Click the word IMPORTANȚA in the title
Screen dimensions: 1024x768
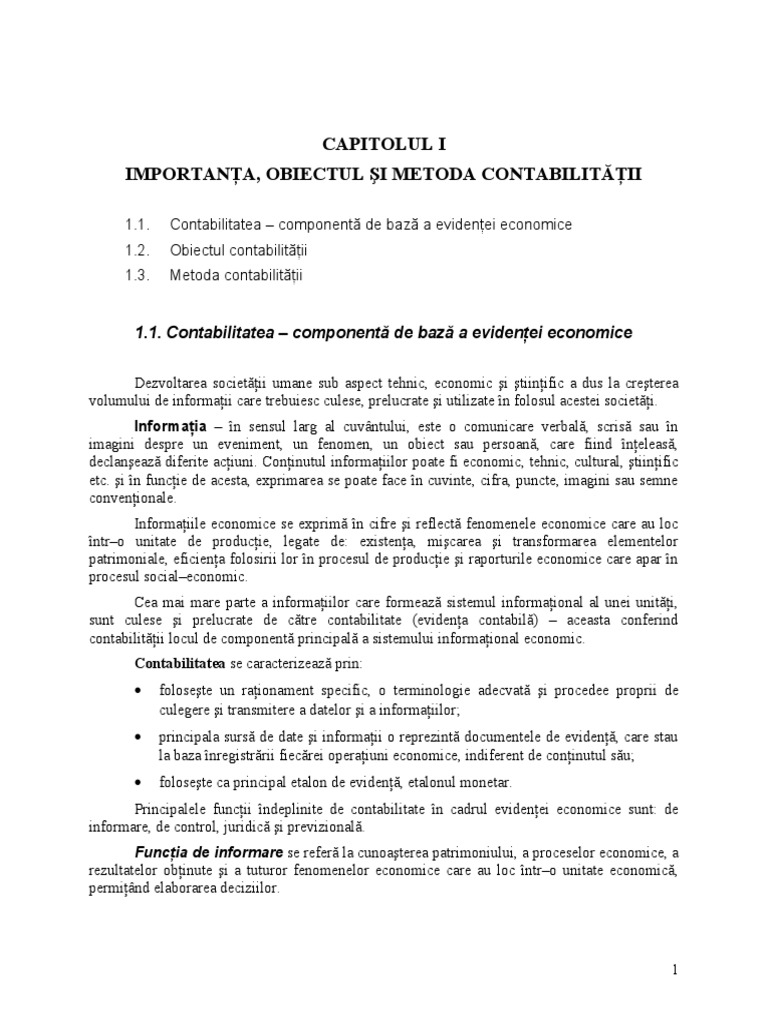click(184, 174)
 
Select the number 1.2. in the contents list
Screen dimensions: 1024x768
click(139, 249)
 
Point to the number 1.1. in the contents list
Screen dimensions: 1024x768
click(139, 224)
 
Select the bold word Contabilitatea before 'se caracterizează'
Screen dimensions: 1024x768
click(181, 664)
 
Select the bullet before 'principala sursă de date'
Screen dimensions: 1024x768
click(138, 738)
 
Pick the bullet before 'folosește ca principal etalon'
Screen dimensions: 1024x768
click(138, 783)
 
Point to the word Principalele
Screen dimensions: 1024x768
click(174, 808)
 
